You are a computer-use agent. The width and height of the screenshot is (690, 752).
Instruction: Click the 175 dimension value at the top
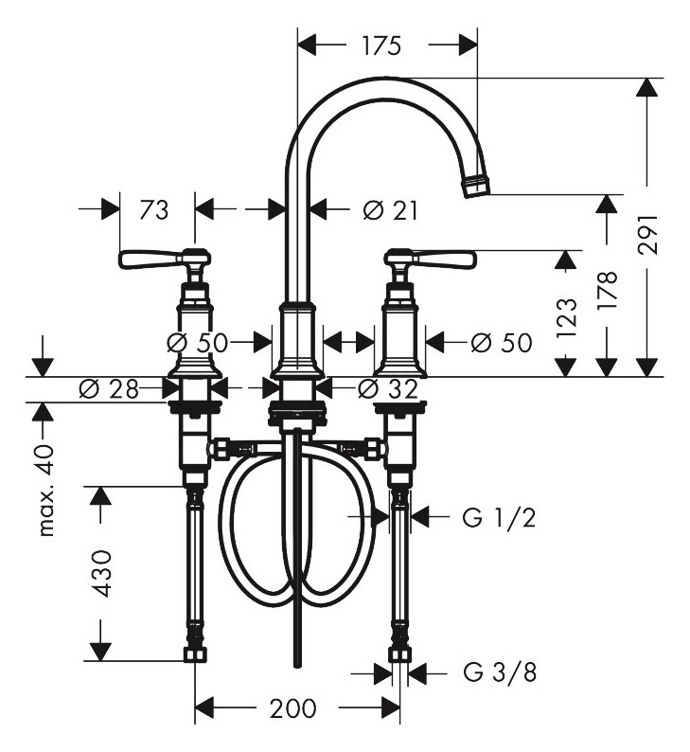pyautogui.click(x=380, y=46)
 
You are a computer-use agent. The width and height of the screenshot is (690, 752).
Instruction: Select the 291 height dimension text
pyautogui.click(x=648, y=234)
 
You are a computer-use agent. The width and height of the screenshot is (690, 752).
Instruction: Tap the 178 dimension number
pyautogui.click(x=607, y=291)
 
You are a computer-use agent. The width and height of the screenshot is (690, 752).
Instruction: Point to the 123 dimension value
pyautogui.click(x=567, y=318)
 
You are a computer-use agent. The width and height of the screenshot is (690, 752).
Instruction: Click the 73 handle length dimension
pyautogui.click(x=154, y=210)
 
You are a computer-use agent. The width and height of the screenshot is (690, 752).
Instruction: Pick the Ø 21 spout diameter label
pyautogui.click(x=391, y=210)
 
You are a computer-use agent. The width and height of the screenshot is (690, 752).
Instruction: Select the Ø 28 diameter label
pyautogui.click(x=108, y=389)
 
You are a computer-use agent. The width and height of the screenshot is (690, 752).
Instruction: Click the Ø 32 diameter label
pyautogui.click(x=388, y=389)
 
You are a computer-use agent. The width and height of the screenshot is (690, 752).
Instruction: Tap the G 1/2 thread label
pyautogui.click(x=499, y=517)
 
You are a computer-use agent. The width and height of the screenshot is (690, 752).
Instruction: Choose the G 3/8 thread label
pyautogui.click(x=500, y=672)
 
